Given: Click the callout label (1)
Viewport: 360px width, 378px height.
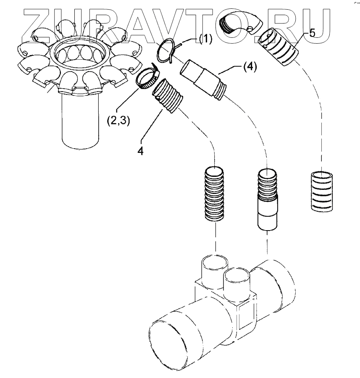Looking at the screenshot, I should [205, 40].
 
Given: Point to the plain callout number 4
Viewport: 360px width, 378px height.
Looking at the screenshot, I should [141, 150].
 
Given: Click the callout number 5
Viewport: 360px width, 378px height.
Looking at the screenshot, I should [312, 34].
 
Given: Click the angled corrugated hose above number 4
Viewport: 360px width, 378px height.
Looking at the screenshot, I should [169, 97].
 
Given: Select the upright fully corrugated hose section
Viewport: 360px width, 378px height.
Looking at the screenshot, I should [215, 193].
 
